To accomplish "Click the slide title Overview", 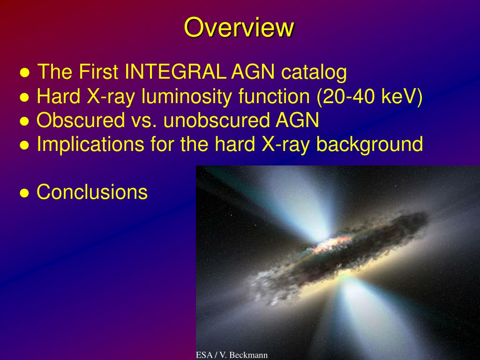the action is (239, 28).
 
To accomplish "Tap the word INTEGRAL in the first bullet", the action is (176, 72).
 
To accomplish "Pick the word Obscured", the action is (81, 120).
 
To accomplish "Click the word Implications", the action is (90, 144).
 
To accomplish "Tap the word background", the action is (369, 144).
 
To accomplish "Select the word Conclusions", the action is (92, 192).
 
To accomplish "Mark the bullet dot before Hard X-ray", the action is (24, 97).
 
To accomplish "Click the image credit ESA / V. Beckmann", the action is (232, 355).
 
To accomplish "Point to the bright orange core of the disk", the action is (332, 244).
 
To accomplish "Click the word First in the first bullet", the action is (98, 72).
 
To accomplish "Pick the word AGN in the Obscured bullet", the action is (297, 120).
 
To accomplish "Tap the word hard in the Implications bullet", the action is (235, 144).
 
